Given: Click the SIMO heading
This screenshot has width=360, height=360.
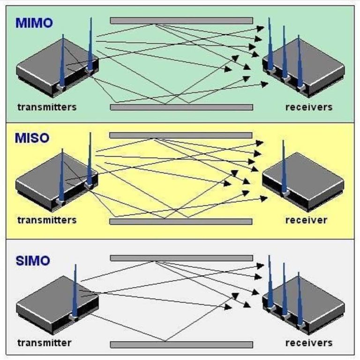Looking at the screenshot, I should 32,260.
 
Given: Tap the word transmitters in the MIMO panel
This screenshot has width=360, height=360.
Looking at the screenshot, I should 47,107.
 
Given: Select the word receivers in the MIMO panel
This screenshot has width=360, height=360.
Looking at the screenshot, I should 309,107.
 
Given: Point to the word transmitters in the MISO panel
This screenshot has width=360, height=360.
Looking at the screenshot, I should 47,220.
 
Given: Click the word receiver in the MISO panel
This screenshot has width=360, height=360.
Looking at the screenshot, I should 307,220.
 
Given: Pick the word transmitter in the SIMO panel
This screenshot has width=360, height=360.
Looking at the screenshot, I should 45,343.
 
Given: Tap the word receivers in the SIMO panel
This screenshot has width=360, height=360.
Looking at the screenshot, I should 309,343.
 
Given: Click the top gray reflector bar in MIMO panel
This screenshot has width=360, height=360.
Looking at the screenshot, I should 181,21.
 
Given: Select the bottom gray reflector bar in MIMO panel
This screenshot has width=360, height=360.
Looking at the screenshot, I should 181,107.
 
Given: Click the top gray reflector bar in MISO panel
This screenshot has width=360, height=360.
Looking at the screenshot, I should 181,135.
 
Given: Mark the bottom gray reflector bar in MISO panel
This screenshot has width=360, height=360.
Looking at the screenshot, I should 181,222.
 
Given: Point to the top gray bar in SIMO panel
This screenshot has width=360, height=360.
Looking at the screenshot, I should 181,258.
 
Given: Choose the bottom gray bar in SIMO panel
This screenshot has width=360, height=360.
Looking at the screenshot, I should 181,345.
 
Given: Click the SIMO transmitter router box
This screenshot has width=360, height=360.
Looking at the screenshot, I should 52,305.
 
